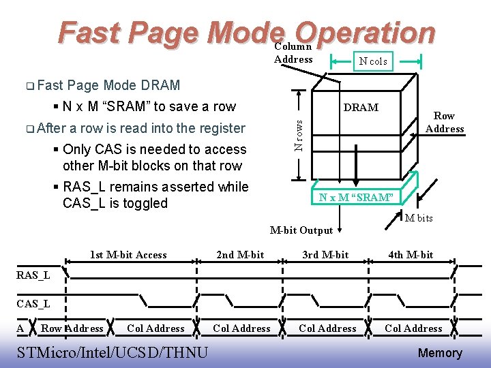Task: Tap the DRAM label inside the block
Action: point(361,108)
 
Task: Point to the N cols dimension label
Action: point(373,61)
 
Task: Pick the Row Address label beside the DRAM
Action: point(445,123)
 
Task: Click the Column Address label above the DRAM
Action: point(293,53)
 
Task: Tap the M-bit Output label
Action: point(301,230)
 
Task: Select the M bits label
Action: point(419,218)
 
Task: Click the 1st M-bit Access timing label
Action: point(128,255)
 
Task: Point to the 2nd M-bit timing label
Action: point(240,255)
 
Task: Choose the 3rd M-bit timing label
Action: point(325,255)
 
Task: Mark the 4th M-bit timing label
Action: point(411,255)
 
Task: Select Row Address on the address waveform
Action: point(72,328)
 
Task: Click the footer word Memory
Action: point(440,353)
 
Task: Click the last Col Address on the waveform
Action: point(413,328)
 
